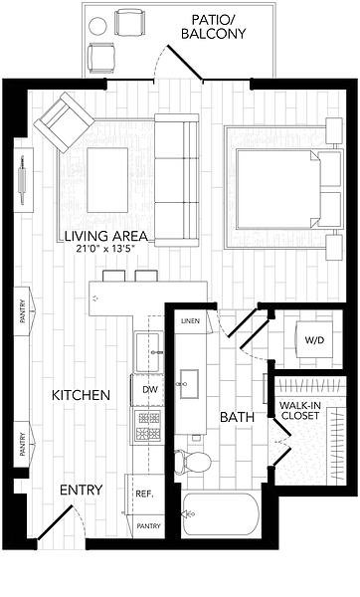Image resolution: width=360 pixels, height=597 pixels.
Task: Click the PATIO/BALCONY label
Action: [213, 27]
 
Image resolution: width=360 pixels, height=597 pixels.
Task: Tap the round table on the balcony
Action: [97, 26]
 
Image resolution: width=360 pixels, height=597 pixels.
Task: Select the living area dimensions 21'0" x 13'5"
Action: [106, 249]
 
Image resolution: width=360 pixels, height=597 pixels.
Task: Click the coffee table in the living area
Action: [107, 180]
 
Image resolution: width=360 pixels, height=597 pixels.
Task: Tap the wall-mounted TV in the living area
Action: [23, 180]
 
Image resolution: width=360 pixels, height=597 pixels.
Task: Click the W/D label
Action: [314, 340]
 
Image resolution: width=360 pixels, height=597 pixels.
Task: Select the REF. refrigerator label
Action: [144, 495]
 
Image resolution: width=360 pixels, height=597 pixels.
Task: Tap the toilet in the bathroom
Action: [192, 462]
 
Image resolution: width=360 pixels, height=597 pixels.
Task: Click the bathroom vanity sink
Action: [189, 384]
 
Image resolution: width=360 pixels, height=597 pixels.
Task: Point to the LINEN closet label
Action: [190, 321]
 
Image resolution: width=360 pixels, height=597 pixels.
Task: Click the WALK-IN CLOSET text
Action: [300, 410]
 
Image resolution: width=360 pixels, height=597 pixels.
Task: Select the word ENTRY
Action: [82, 490]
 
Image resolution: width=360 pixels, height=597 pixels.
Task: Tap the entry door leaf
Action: [55, 522]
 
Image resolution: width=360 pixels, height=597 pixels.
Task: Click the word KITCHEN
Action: [81, 395]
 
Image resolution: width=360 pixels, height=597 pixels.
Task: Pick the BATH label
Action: [237, 417]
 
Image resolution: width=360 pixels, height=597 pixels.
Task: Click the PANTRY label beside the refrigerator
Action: [148, 526]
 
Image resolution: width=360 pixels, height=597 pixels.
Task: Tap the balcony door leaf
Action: [185, 64]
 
